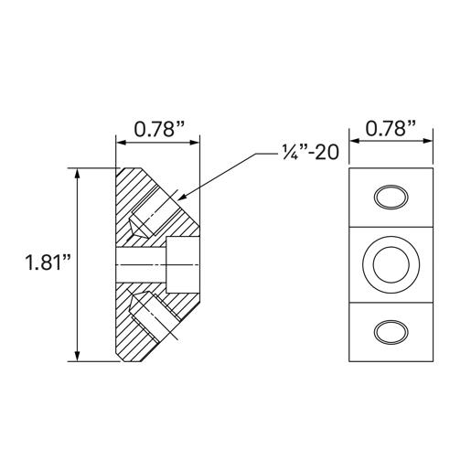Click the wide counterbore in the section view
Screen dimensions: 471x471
click(182, 263)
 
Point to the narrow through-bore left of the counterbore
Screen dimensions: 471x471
click(139, 263)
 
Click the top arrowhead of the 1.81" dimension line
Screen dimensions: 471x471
click(76, 172)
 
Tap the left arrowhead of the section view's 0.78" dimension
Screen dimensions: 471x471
click(120, 143)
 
